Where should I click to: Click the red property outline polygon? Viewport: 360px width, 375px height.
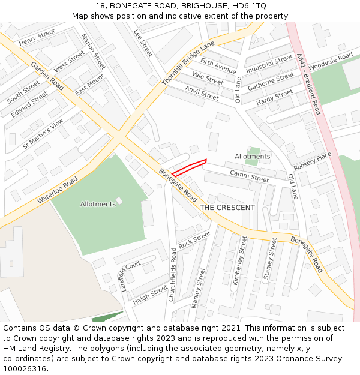click(x=189, y=167)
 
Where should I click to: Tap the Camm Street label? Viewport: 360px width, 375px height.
click(x=249, y=176)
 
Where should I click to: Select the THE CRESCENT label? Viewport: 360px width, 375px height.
click(x=227, y=208)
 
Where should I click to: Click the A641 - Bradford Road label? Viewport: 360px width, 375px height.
click(x=309, y=84)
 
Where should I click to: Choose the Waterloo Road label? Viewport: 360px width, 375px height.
click(x=58, y=190)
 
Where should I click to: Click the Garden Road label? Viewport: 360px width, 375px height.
click(x=47, y=76)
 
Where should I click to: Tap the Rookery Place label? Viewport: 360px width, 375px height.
click(x=312, y=161)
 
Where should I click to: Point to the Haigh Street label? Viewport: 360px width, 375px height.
click(x=151, y=294)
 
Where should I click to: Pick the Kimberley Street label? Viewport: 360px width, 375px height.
click(x=239, y=260)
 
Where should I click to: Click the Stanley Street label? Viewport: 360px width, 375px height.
click(x=271, y=258)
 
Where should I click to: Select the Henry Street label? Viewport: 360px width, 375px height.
click(x=37, y=37)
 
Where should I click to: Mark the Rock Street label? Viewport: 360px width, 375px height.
click(x=194, y=240)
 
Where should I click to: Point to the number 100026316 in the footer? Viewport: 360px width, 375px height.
click(x=23, y=369)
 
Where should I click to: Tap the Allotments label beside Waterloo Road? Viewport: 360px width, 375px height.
click(x=98, y=204)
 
